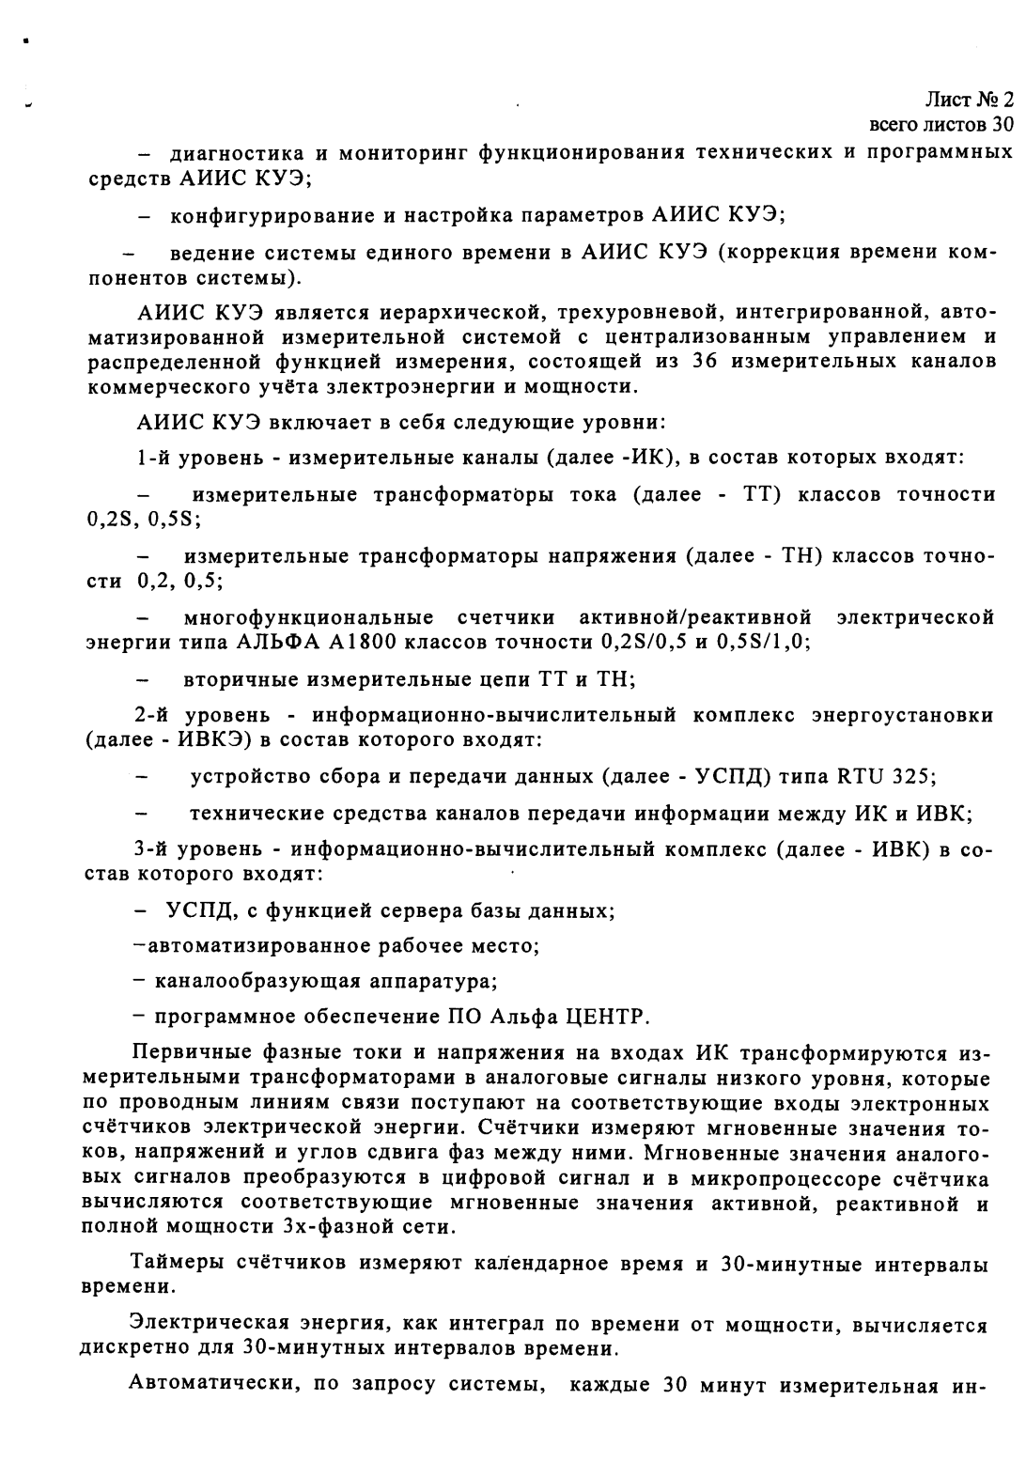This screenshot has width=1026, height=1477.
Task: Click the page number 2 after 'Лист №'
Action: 1007,99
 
